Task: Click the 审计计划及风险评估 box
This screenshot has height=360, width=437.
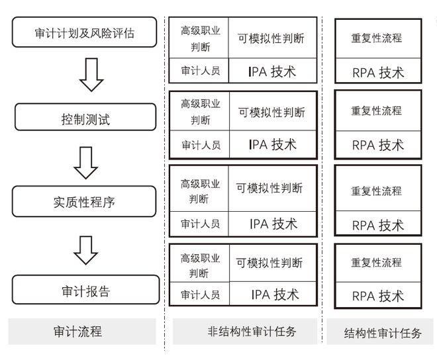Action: pyautogui.click(x=85, y=32)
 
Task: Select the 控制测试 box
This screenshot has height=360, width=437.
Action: pyautogui.click(x=85, y=117)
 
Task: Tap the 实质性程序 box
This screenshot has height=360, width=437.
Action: pyautogui.click(x=84, y=201)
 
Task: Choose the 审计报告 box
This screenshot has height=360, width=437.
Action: pyautogui.click(x=86, y=289)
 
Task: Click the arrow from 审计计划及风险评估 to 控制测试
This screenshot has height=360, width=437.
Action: pyautogui.click(x=91, y=75)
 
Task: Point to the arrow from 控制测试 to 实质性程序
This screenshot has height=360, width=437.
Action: pyautogui.click(x=85, y=163)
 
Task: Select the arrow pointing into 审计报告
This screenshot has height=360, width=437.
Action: pyautogui.click(x=85, y=250)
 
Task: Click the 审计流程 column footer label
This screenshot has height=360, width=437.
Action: pyautogui.click(x=77, y=332)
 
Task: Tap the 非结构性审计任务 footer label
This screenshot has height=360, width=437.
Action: pyautogui.click(x=252, y=332)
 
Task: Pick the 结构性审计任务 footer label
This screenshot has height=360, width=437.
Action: pyautogui.click(x=383, y=333)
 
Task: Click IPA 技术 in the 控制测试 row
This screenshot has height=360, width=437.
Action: pyautogui.click(x=273, y=145)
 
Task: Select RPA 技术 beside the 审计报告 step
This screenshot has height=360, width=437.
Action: pyautogui.click(x=378, y=296)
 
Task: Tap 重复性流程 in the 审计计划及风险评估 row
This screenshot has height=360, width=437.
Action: pyautogui.click(x=377, y=38)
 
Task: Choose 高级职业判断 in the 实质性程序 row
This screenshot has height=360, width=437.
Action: pyautogui.click(x=200, y=191)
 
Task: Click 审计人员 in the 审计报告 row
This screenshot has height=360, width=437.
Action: pyautogui.click(x=200, y=294)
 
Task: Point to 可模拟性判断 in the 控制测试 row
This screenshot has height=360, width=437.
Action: pyautogui.click(x=271, y=112)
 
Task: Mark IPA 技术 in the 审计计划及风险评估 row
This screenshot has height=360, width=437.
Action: pyautogui.click(x=272, y=71)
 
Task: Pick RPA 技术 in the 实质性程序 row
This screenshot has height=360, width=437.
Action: pyautogui.click(x=378, y=225)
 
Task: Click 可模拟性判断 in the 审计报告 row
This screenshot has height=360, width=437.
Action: pyautogui.click(x=269, y=263)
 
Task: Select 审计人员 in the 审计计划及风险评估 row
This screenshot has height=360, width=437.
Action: pyautogui.click(x=201, y=71)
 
